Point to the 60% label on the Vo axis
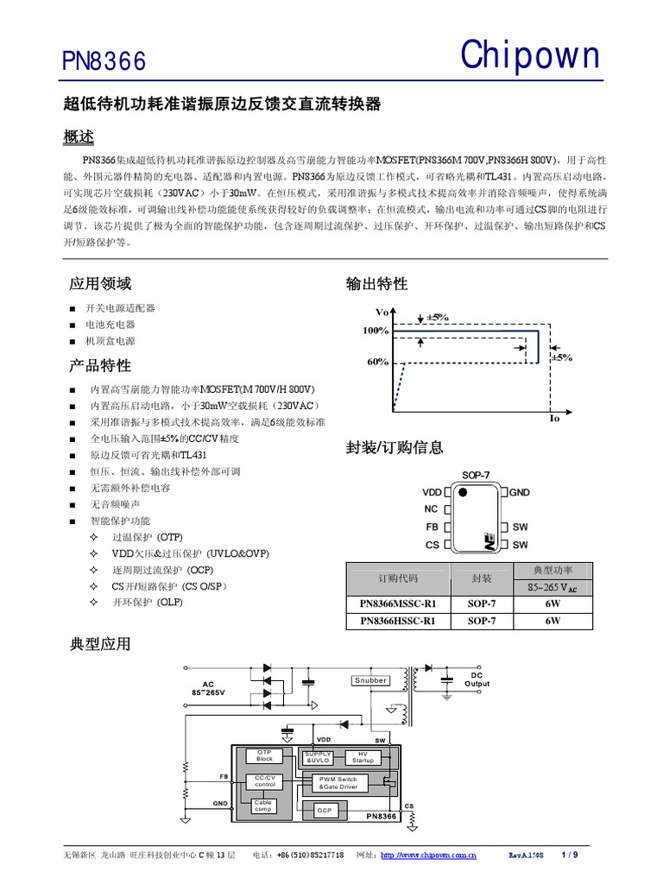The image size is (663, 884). click(x=377, y=363)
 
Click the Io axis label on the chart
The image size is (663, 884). click(x=554, y=418)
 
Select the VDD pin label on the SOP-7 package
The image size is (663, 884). click(x=432, y=492)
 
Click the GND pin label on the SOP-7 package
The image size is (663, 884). click(x=519, y=492)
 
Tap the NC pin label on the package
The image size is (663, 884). click(x=431, y=509)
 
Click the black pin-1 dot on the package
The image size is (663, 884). click(x=463, y=492)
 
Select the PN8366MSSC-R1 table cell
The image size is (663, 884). click(x=398, y=603)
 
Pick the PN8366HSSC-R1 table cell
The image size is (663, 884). click(x=398, y=620)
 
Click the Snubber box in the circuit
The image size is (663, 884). click(x=370, y=680)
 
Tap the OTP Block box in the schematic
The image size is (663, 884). click(x=264, y=755)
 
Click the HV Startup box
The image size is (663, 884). click(x=363, y=756)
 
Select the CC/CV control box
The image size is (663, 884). click(x=264, y=780)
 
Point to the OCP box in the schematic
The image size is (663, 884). click(x=324, y=811)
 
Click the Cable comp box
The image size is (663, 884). click(x=263, y=805)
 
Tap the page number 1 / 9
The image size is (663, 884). click(x=569, y=855)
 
